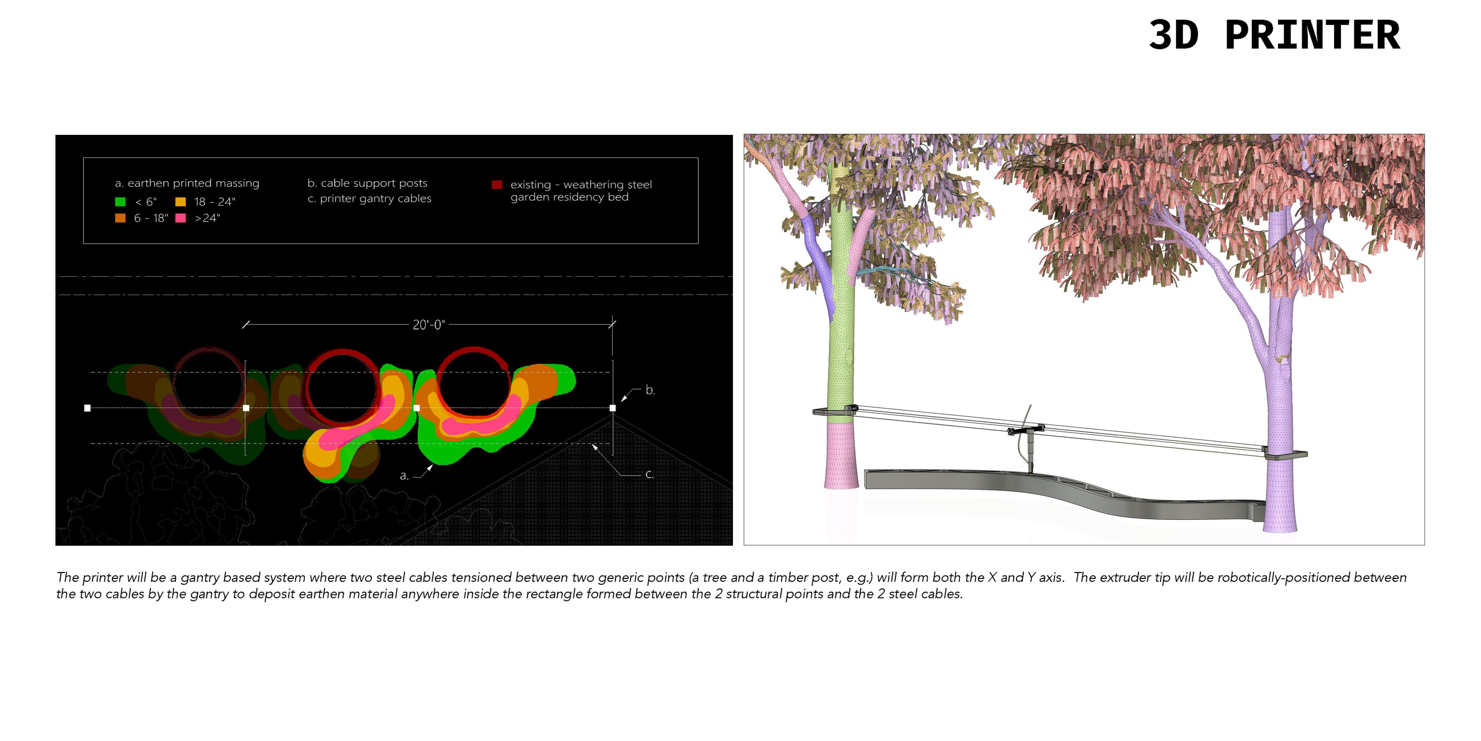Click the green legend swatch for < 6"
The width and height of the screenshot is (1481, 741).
(120, 201)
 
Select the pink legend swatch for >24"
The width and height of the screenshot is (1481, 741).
(180, 218)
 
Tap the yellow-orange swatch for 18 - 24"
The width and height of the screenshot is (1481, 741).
(180, 201)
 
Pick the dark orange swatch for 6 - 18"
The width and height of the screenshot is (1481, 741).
(120, 218)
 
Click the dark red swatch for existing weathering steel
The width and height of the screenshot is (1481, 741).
(496, 185)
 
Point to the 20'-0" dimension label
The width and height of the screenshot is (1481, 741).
(429, 325)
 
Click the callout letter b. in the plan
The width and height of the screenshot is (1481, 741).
(650, 390)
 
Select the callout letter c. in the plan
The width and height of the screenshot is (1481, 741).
(650, 474)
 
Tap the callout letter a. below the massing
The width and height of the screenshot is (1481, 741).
(404, 476)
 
